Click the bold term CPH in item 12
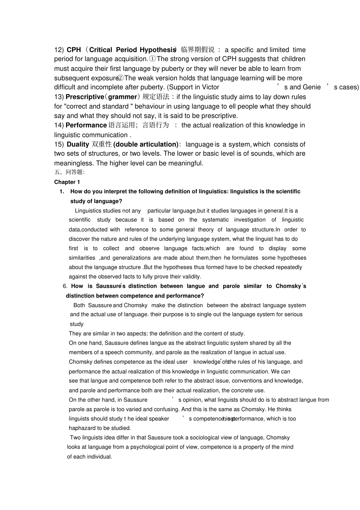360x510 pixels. point(74,50)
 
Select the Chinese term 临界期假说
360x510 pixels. point(197,50)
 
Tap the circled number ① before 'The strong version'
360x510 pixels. point(152,59)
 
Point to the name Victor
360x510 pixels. point(210,87)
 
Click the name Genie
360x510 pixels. point(311,87)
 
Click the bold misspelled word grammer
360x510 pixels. point(122,97)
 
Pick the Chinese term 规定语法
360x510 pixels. point(156,97)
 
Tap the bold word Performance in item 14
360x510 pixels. point(86,125)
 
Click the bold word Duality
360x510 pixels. point(78,144)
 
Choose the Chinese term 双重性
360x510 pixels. point(102,144)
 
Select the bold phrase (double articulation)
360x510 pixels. point(146,144)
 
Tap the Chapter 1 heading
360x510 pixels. point(67,182)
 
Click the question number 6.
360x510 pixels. point(65,286)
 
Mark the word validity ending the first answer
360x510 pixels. point(191,277)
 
